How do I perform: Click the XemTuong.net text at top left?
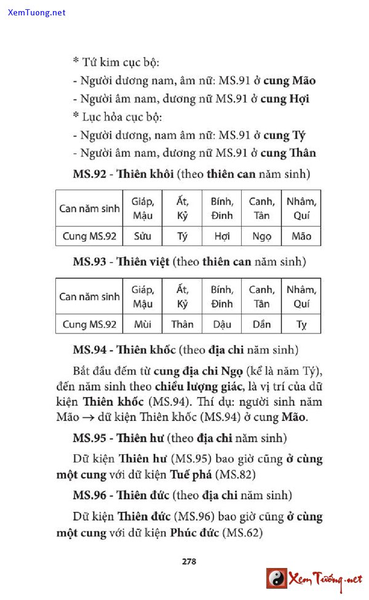37,12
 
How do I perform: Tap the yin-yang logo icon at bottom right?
277,578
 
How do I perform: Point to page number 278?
189,561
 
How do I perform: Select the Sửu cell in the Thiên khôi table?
143,236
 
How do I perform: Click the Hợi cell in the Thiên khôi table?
222,236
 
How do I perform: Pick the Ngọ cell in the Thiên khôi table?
261,236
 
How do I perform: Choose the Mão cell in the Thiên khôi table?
301,236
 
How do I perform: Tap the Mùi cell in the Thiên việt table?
143,324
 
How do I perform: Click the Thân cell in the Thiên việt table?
182,324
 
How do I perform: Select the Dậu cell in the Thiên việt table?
222,324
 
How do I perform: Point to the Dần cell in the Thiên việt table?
261,324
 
